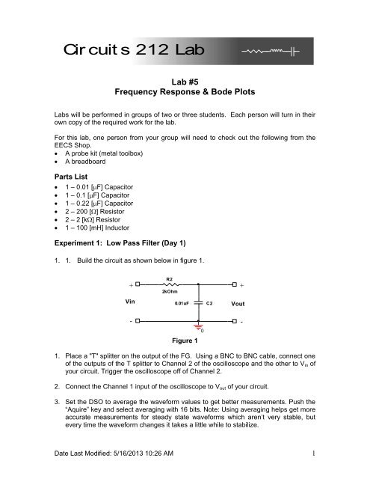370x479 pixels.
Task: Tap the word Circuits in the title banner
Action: (90, 51)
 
